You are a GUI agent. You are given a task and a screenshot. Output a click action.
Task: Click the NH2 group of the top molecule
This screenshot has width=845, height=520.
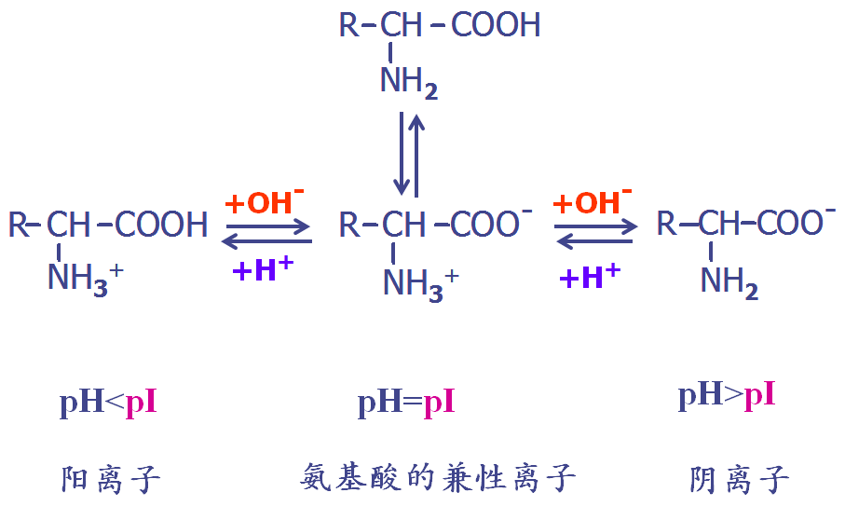(408, 83)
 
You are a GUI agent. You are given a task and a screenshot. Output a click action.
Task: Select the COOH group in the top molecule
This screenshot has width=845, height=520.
(496, 25)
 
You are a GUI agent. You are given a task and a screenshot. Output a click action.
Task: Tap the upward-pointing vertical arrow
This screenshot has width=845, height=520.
(416, 156)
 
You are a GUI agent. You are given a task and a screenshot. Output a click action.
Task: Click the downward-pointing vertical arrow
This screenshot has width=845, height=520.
(402, 154)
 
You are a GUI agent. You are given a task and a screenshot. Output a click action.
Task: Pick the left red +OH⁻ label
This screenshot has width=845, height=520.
(265, 202)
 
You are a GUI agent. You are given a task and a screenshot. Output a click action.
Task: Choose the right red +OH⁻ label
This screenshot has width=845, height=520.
(593, 202)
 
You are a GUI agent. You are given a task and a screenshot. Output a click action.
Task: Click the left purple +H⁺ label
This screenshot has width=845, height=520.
(263, 268)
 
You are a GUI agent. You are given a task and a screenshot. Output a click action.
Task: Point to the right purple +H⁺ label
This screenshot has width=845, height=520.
(590, 276)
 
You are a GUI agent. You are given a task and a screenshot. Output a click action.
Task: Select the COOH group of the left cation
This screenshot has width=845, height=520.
(161, 225)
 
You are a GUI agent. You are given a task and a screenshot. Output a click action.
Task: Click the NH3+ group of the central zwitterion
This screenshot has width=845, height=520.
(421, 284)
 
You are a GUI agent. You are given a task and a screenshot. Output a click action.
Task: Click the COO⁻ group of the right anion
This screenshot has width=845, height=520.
(797, 221)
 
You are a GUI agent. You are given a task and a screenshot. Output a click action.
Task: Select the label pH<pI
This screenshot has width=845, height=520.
(108, 402)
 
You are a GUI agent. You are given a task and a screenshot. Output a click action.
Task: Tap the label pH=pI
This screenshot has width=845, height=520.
(406, 402)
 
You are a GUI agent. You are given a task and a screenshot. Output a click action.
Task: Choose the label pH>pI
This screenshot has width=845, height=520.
(727, 394)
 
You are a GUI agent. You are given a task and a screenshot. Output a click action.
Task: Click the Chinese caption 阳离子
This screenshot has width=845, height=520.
(111, 479)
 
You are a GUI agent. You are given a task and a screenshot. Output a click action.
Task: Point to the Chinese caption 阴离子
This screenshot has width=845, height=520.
(739, 479)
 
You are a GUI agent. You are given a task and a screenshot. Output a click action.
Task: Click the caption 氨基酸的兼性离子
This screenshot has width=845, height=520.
(438, 477)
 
